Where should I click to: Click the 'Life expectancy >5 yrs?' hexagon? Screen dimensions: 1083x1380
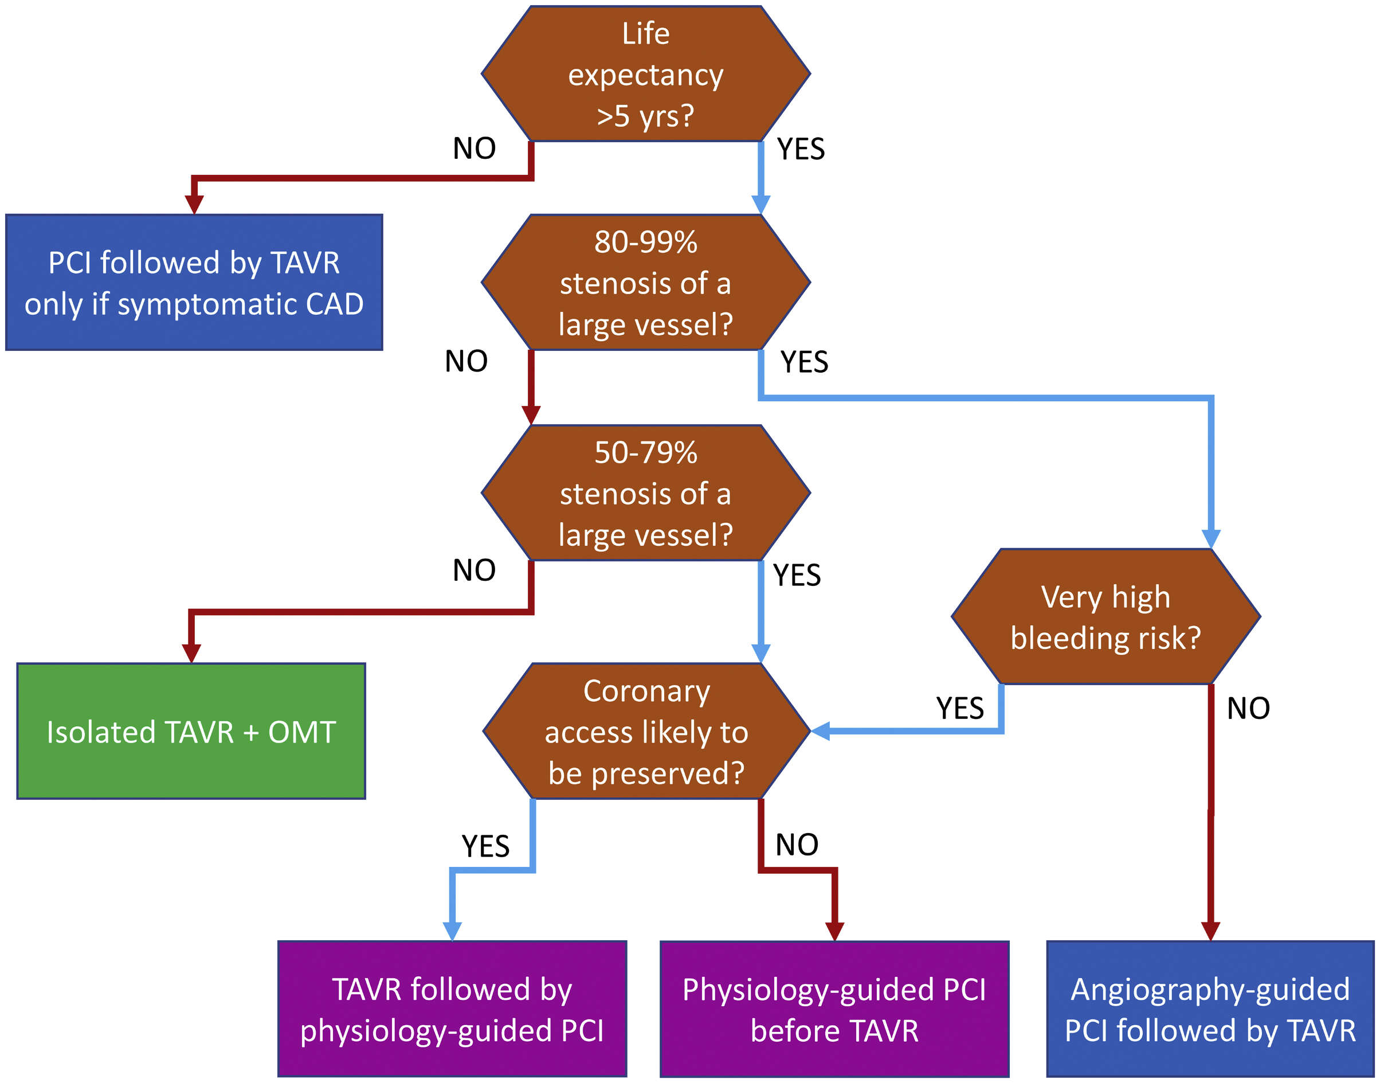[x=645, y=73]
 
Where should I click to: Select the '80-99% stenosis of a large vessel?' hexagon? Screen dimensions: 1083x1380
[x=645, y=282]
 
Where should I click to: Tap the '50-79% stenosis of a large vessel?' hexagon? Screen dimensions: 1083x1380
[x=645, y=492]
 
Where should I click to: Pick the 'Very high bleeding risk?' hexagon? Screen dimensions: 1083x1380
[x=1105, y=616]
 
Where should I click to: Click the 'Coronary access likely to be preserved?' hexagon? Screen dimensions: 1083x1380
[x=646, y=731]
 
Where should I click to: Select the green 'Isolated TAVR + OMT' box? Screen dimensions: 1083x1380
[x=191, y=731]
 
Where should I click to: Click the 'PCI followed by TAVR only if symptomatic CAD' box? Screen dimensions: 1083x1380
[x=194, y=282]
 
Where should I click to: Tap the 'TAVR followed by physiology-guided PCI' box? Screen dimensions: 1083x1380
[x=452, y=1010]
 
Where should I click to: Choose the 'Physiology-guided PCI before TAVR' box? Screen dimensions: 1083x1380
[x=834, y=1010]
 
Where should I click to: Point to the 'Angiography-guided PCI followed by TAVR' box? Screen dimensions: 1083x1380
[x=1210, y=1010]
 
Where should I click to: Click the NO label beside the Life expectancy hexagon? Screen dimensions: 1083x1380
[x=474, y=148]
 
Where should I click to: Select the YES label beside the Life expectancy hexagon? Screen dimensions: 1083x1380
[x=801, y=149]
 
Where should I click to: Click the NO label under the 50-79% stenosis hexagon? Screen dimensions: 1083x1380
[x=474, y=570]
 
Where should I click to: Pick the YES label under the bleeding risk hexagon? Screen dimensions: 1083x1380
[x=960, y=707]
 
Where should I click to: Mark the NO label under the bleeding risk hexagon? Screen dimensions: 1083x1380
[x=1248, y=707]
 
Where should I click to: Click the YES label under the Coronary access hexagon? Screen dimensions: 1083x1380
[x=485, y=846]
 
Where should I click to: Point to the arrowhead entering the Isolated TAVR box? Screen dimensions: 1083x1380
[x=191, y=653]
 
